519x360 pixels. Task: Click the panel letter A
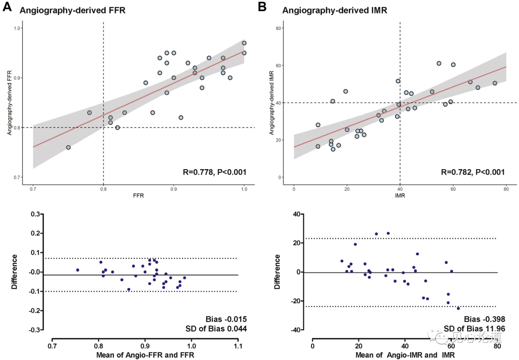[x=7, y=7]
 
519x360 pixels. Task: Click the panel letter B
[x=262, y=7]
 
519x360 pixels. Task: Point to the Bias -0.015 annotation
[x=224, y=319]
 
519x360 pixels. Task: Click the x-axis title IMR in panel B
[x=400, y=197]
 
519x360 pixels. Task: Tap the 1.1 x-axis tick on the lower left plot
[x=238, y=346]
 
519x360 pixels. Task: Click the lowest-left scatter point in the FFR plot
[x=68, y=148]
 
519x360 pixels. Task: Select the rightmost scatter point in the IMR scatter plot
[x=494, y=83]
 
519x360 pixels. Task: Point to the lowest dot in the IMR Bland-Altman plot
[x=458, y=308]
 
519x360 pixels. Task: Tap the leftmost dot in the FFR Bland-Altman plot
[x=77, y=270]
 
